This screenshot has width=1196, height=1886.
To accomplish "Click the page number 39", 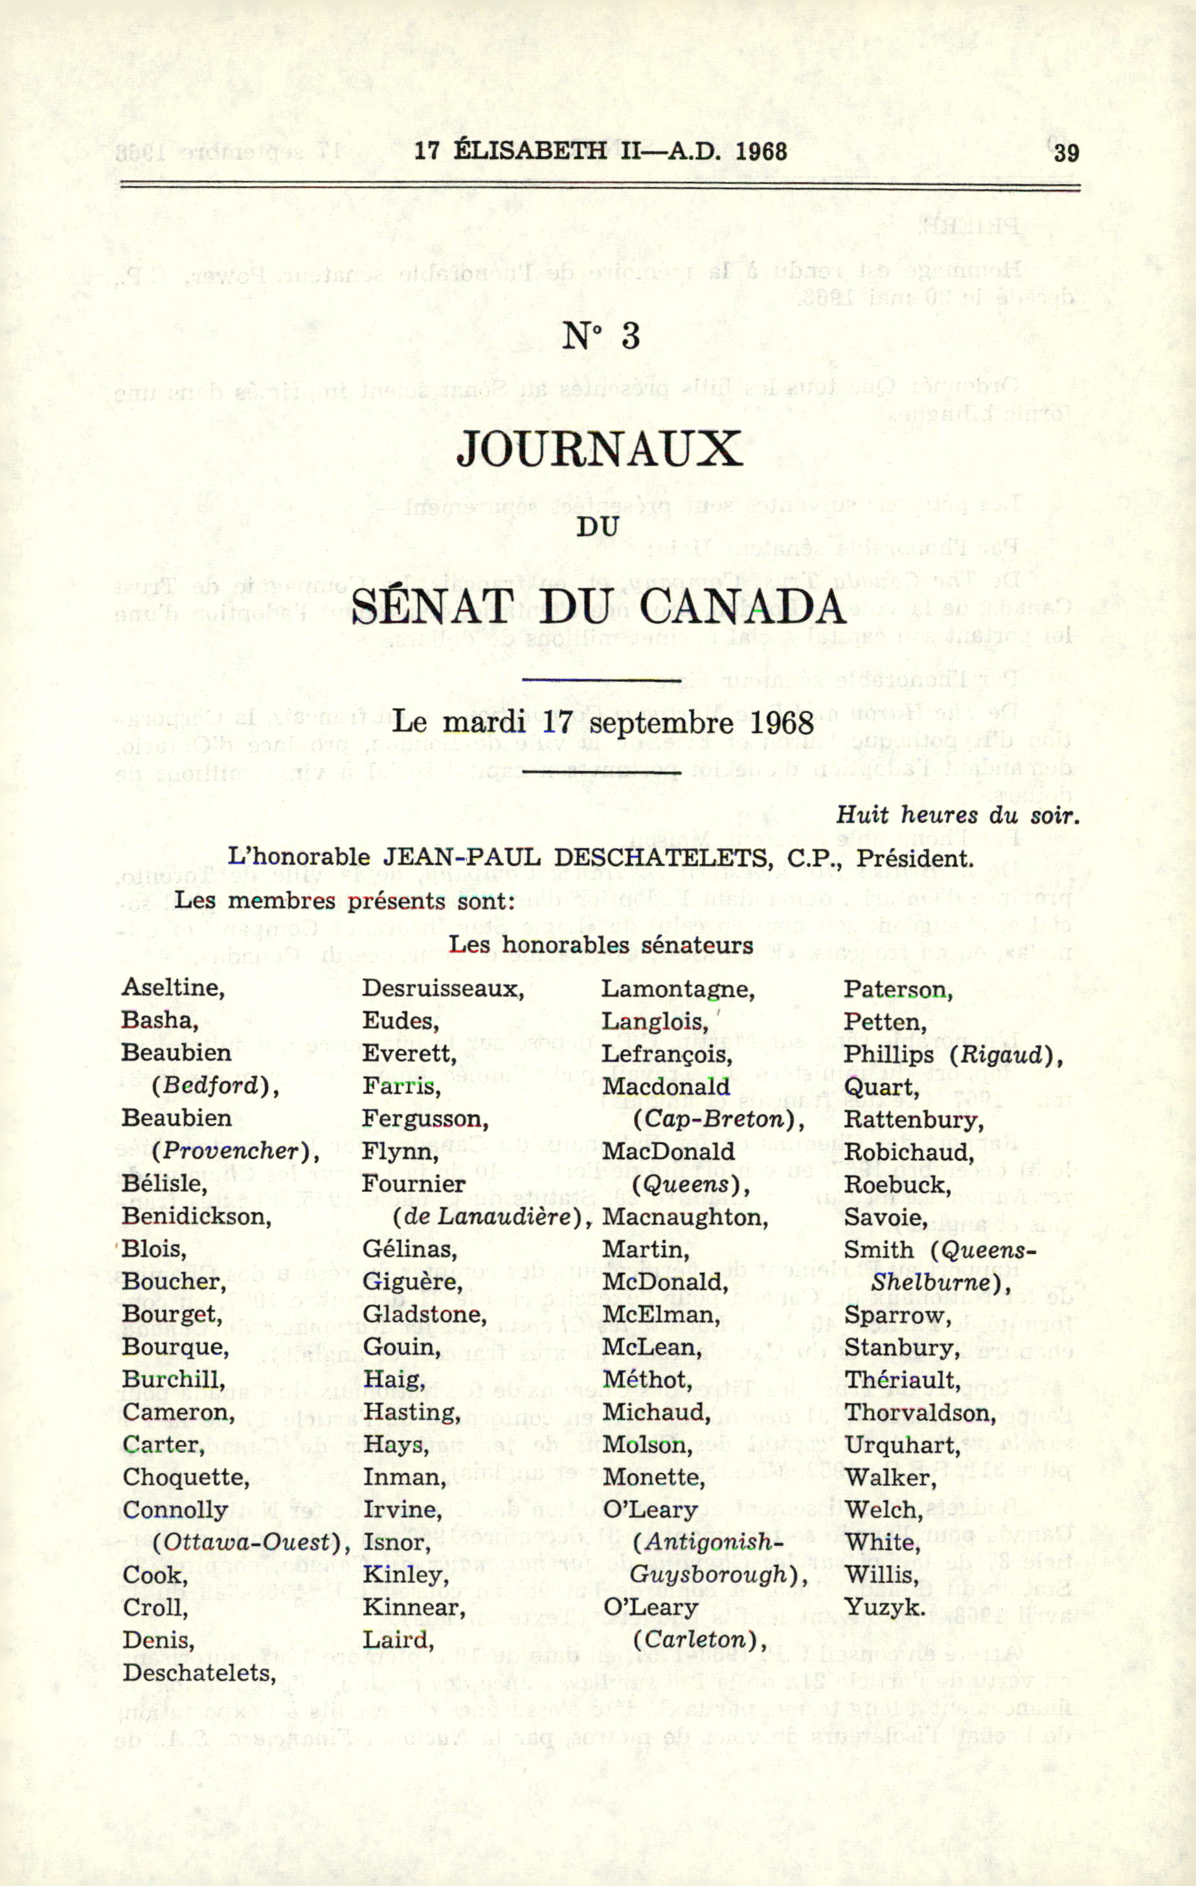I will (1066, 152).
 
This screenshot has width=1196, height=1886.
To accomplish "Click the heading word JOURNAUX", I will (599, 449).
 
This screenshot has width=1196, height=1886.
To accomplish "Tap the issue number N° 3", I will (602, 336).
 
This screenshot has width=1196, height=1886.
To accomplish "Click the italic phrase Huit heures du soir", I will (957, 815).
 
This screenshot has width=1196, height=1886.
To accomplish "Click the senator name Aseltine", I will (172, 987).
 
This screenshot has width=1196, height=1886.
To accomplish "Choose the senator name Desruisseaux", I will (442, 989).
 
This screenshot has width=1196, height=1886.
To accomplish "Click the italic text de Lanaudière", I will (491, 1217).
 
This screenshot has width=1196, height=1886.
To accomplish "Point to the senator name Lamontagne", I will (677, 989).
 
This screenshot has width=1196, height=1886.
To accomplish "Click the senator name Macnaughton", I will (684, 1217).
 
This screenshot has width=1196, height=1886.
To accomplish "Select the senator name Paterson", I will (897, 990).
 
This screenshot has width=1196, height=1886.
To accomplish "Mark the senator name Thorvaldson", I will (919, 1412).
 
